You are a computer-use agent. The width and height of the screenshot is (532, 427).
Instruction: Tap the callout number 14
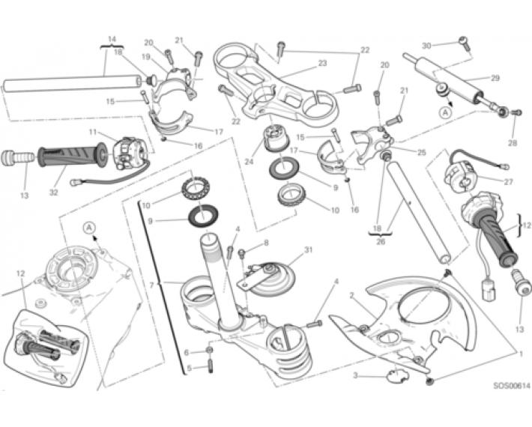112,38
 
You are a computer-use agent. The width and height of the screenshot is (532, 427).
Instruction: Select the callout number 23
322,63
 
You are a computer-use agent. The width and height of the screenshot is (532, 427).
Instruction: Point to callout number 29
495,78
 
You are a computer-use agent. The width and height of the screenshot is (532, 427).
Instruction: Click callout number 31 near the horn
308,249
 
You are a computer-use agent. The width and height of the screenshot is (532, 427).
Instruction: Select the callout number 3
357,375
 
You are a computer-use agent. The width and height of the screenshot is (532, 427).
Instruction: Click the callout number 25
421,152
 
